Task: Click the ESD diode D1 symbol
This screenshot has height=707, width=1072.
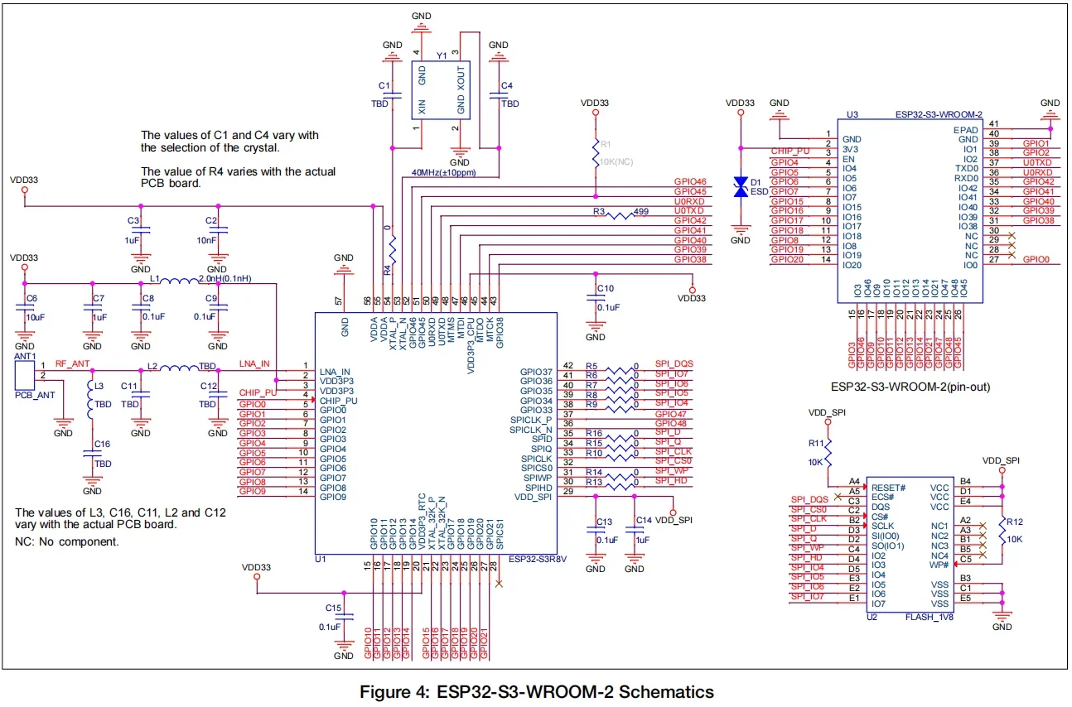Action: pyautogui.click(x=741, y=188)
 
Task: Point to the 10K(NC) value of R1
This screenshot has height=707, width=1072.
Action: pyautogui.click(x=616, y=161)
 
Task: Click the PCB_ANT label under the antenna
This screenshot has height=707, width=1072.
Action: pyautogui.click(x=35, y=395)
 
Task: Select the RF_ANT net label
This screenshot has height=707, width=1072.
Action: pyautogui.click(x=72, y=363)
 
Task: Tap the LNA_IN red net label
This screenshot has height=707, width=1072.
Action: pyautogui.click(x=254, y=363)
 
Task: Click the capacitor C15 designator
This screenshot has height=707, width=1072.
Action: pyautogui.click(x=333, y=608)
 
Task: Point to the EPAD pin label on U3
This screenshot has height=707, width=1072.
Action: pyautogui.click(x=966, y=130)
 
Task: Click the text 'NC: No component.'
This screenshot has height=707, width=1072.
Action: pyautogui.click(x=67, y=541)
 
